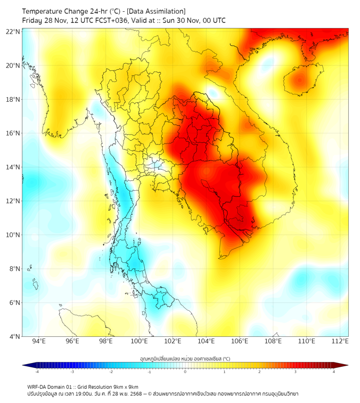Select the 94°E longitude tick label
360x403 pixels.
tap(39, 341)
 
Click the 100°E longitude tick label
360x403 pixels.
tap(140, 341)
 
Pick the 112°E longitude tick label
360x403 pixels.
tap(340, 341)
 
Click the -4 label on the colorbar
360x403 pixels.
tap(37, 372)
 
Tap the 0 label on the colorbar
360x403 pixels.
tap(185, 372)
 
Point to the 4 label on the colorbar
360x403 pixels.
tap(333, 372)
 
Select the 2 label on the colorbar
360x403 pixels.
tap(259, 372)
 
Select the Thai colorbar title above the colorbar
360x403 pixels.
tap(185, 359)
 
